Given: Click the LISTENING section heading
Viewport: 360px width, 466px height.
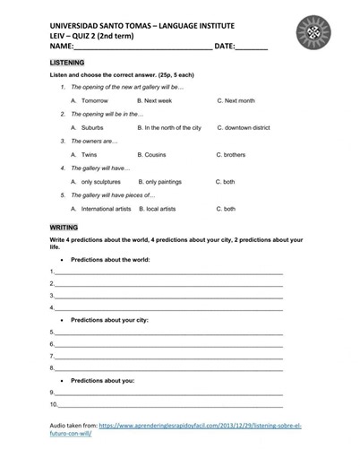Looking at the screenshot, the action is pos(68,63).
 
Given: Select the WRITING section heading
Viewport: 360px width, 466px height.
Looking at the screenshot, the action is pos(64,228).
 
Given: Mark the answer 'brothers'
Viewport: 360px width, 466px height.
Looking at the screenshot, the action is pos(234,155).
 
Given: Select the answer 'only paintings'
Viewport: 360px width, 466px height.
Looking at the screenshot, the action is pos(163,182).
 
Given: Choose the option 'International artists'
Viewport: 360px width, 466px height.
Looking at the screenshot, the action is pos(106,209).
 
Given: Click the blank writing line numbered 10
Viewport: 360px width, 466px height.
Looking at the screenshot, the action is pos(170,404).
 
